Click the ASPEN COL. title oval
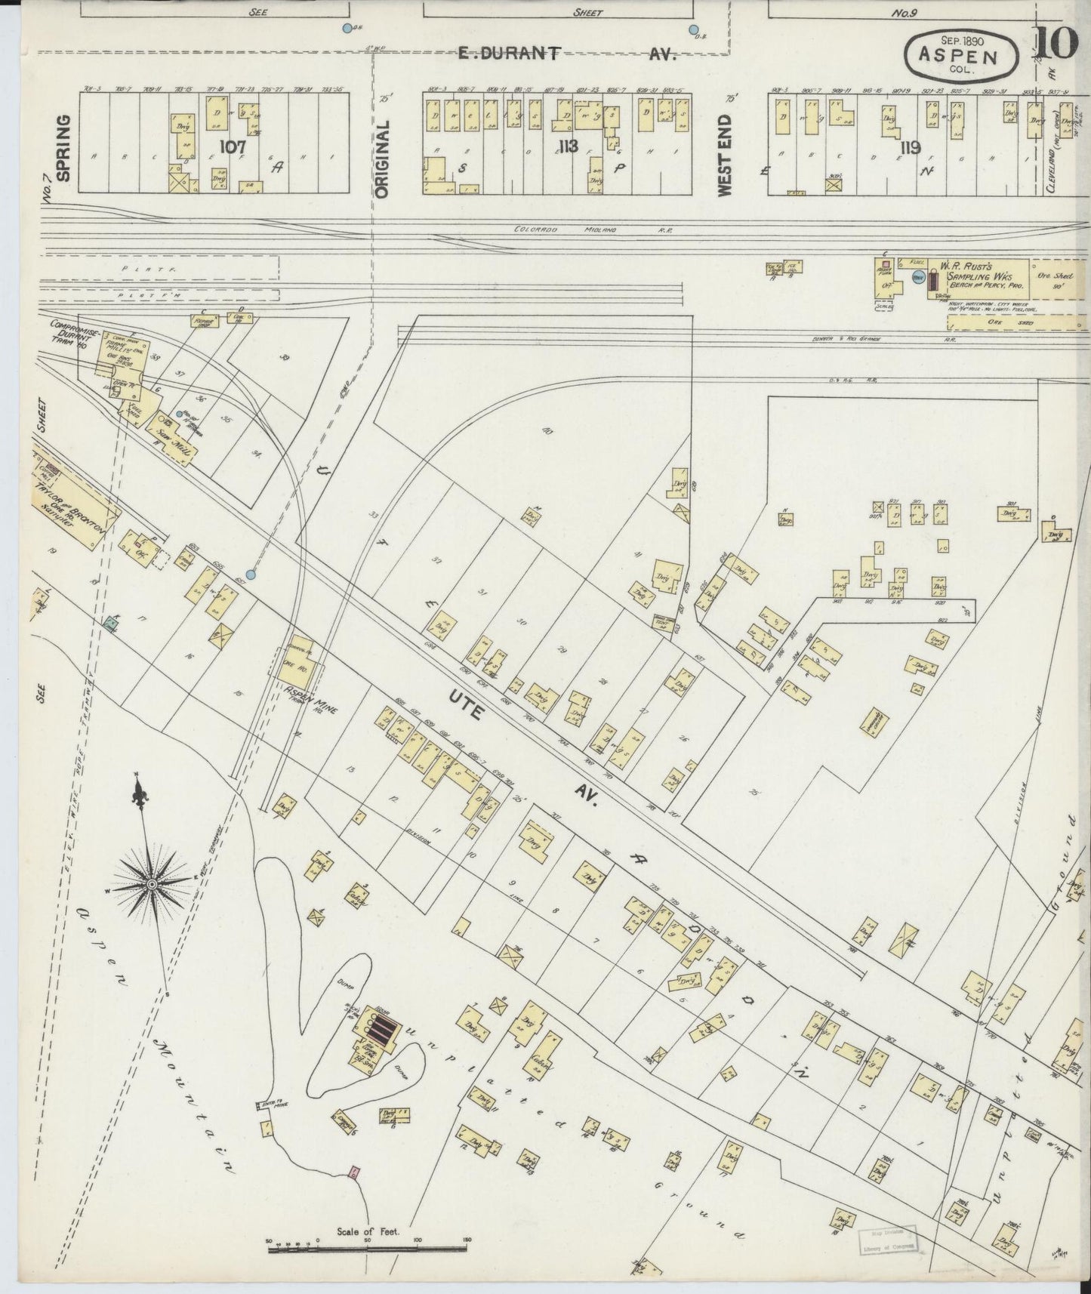point(963,56)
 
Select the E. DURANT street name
point(510,52)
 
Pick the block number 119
point(910,146)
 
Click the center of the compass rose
point(153,883)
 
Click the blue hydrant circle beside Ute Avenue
point(251,575)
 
